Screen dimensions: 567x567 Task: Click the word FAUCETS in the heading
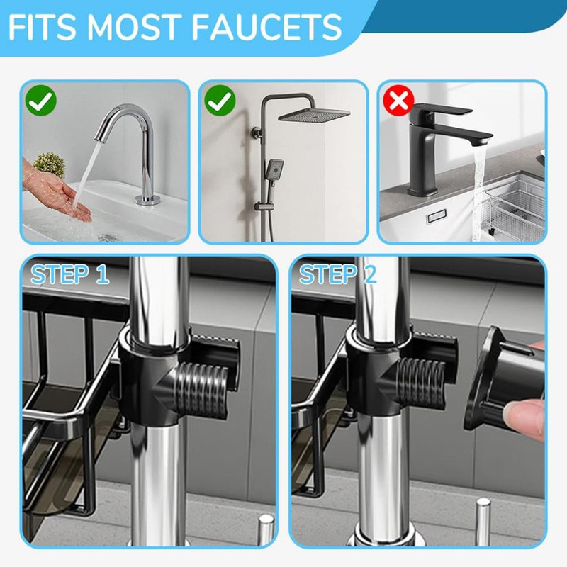point(266,27)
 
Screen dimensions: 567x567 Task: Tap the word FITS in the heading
point(42,27)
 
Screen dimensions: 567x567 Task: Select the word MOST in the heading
point(133,27)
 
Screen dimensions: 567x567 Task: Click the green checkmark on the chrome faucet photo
point(41,101)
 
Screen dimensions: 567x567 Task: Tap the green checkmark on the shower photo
point(220,101)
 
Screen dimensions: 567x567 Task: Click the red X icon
point(399,100)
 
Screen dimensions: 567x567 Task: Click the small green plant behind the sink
point(50,164)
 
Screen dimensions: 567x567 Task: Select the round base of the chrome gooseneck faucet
point(147,199)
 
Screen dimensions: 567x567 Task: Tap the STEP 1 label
point(69,274)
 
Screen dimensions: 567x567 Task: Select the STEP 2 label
point(338,274)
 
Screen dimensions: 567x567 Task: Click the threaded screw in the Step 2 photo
point(420,383)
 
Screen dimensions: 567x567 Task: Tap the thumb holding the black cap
point(524,416)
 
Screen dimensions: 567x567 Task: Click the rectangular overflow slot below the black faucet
point(437,217)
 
